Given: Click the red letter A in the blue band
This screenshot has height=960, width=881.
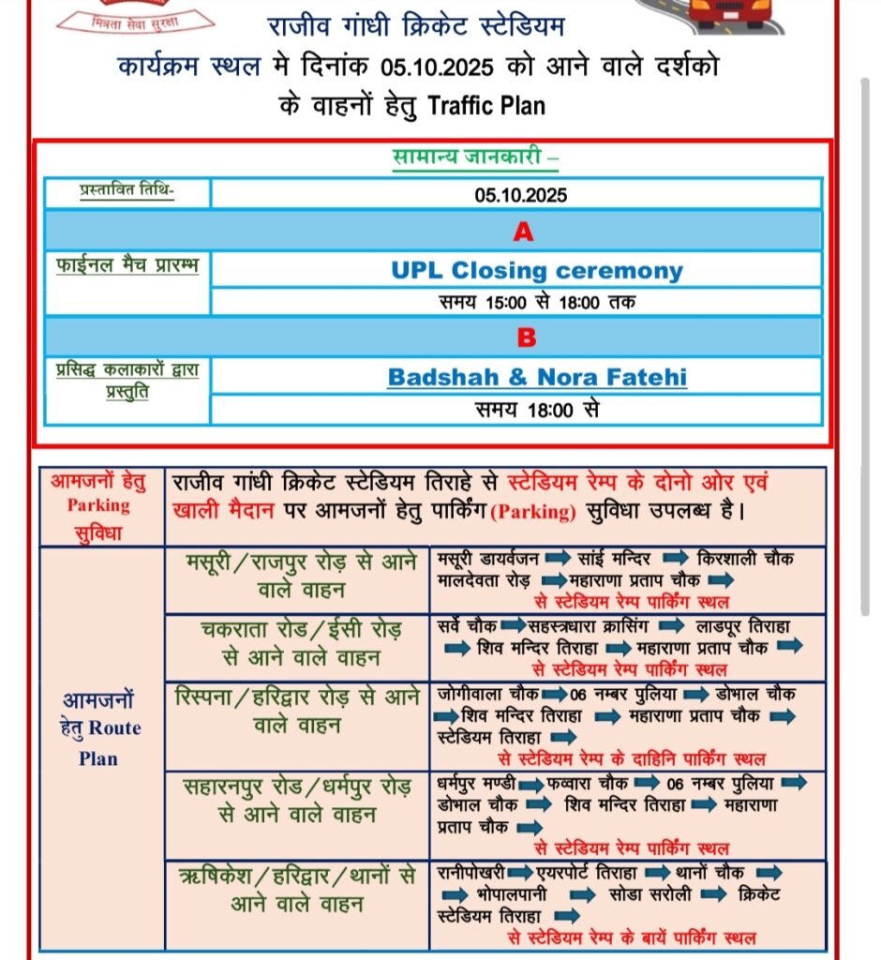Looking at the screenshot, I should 523,232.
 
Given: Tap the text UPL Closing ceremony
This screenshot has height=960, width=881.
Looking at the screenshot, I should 537,271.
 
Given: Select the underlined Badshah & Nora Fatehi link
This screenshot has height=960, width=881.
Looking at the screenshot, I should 537,378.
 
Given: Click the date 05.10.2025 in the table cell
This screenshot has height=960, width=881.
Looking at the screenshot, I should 520,195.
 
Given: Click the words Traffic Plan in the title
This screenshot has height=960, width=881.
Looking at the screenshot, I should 486,105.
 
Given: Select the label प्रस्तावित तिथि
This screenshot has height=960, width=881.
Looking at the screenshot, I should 128,191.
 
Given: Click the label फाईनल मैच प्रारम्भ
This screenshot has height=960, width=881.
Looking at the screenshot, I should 127,266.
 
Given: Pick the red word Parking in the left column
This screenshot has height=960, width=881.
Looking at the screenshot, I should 98,505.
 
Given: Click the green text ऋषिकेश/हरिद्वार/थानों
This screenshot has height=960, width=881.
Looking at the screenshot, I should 296,877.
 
